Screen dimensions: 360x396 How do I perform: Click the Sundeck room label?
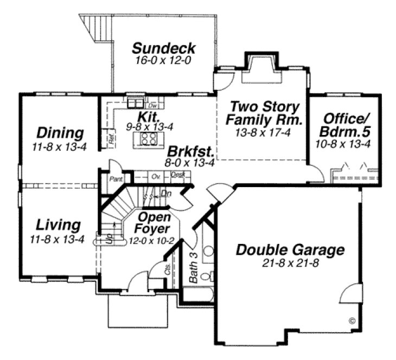163,48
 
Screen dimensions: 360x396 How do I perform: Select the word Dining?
60,133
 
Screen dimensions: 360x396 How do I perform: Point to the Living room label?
59,224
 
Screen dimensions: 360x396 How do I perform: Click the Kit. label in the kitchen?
147,117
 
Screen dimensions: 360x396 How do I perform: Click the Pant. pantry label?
114,178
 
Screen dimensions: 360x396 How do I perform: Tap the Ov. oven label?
155,176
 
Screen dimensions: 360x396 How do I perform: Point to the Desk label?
177,175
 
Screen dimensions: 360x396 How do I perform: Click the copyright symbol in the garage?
351,320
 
